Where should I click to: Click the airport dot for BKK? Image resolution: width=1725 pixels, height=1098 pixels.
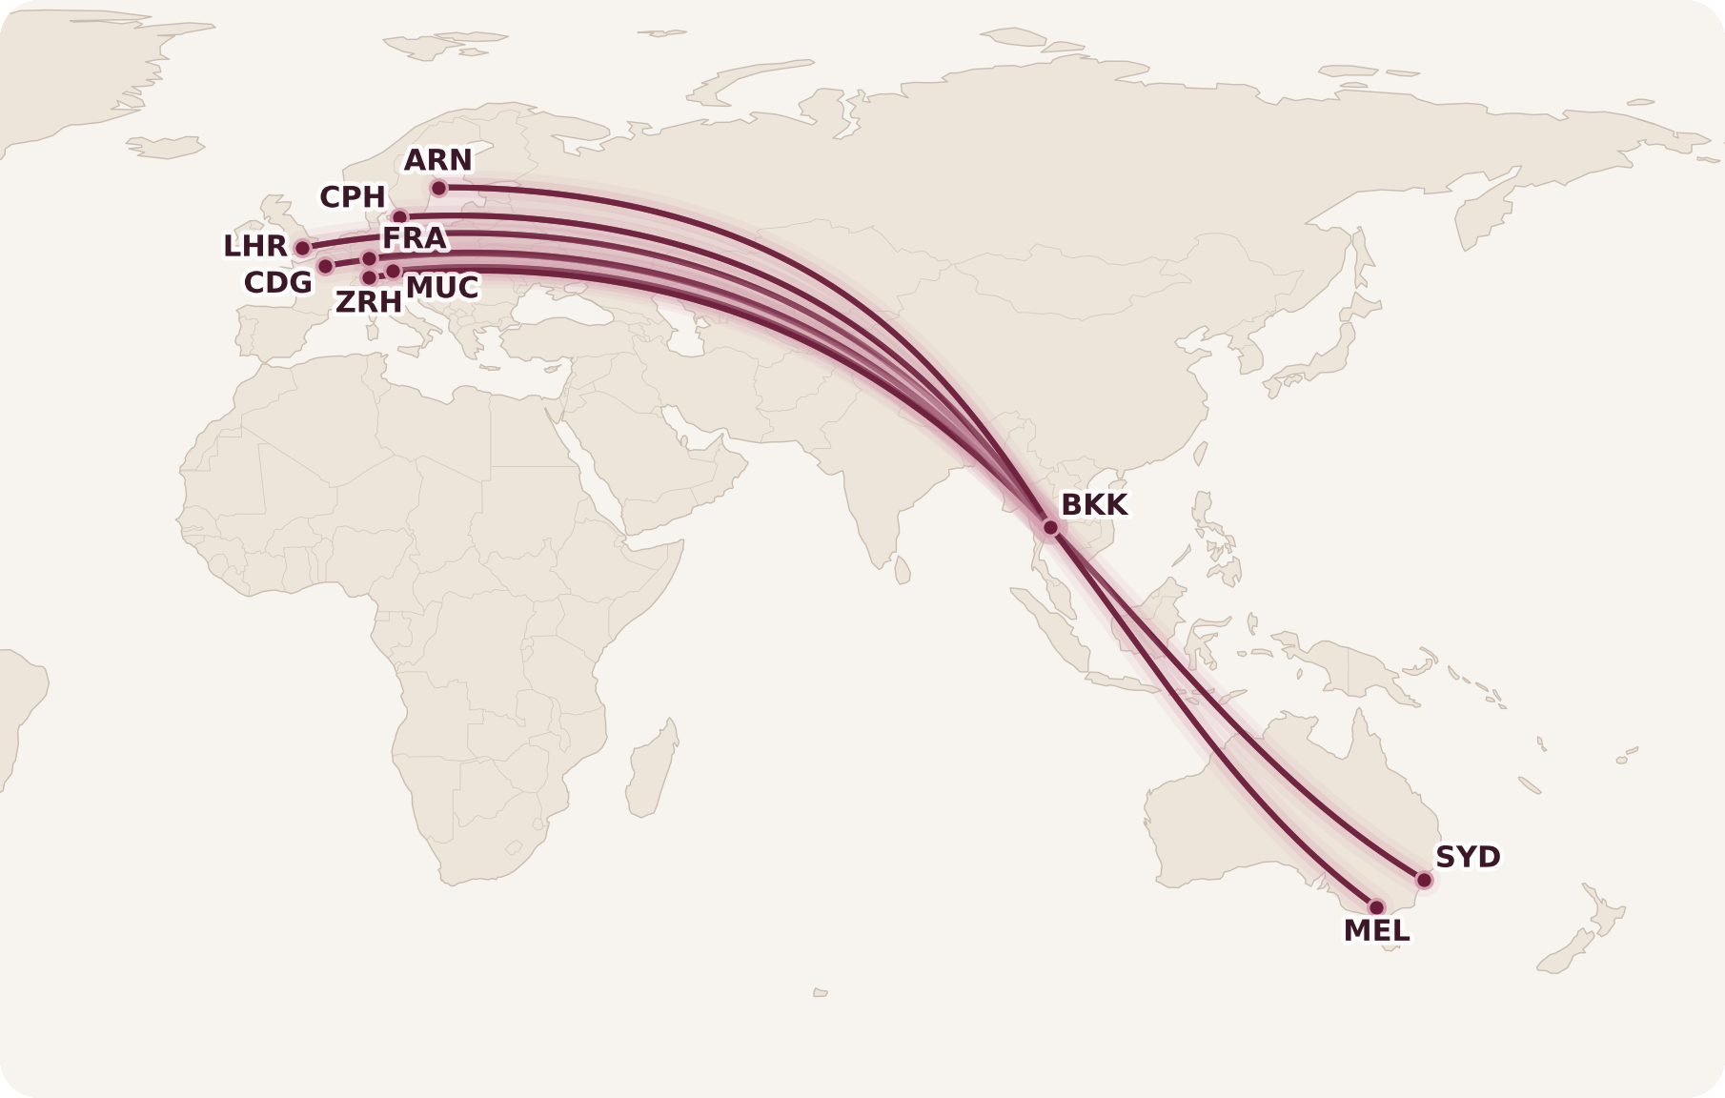point(1050,527)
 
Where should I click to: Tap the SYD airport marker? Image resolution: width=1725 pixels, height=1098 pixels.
point(1424,880)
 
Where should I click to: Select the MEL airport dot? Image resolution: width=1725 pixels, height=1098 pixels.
point(1376,907)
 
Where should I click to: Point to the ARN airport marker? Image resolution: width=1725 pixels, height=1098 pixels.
point(438,189)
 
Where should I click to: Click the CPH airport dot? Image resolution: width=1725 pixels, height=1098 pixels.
point(400,217)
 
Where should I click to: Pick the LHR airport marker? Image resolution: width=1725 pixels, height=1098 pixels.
point(303,248)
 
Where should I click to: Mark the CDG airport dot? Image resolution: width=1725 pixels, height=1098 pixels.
point(325,266)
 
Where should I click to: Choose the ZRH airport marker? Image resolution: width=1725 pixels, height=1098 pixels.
point(369,277)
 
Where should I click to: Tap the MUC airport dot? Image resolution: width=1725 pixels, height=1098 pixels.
point(393,272)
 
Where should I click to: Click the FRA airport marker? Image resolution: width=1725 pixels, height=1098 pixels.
point(370,258)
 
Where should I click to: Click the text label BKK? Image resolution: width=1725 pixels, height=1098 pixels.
point(1094,504)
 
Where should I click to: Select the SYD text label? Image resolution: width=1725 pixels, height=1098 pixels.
point(1468,857)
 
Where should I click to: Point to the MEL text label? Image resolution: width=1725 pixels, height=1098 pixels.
point(1376,931)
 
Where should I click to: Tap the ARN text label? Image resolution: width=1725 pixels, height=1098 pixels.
point(438,160)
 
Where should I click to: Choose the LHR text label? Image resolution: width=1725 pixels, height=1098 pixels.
point(255,246)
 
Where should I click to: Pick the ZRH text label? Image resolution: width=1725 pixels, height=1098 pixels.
point(369,302)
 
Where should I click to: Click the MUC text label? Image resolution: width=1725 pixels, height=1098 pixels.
point(442,287)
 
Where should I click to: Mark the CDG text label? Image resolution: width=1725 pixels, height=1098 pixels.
point(278,283)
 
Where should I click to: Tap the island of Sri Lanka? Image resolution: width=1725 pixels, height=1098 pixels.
point(902,570)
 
